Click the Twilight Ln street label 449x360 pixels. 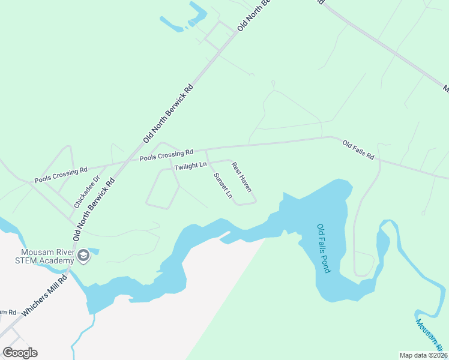click(x=190, y=166)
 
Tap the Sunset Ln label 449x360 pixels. click(x=222, y=185)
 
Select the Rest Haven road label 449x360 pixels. click(x=241, y=177)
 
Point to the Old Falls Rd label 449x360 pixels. click(x=358, y=150)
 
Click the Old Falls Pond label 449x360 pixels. click(x=324, y=248)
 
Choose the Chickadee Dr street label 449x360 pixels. click(x=86, y=191)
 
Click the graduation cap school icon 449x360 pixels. click(x=83, y=256)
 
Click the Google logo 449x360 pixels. click(x=20, y=352)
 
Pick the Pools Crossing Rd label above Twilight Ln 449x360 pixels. click(x=166, y=155)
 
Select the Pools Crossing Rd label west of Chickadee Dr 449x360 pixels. click(x=61, y=175)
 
